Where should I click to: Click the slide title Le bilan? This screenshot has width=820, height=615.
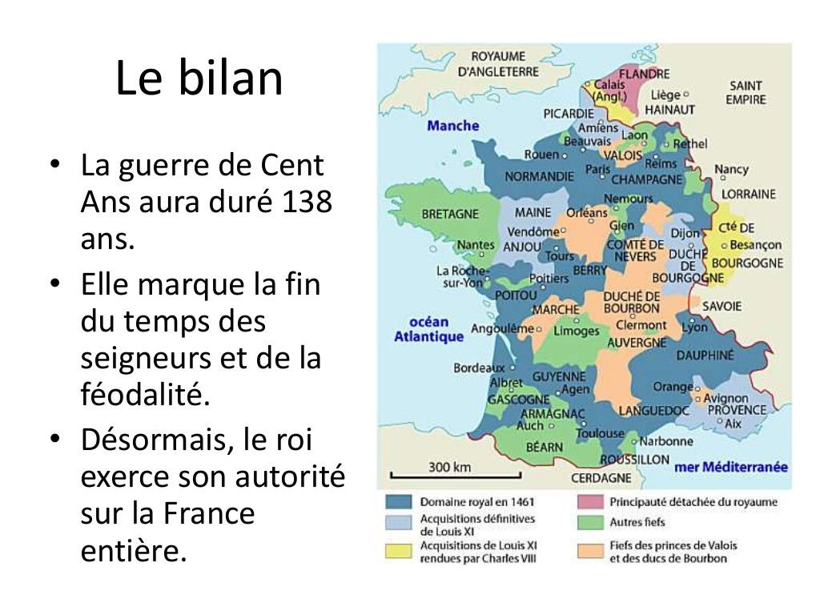click(x=199, y=78)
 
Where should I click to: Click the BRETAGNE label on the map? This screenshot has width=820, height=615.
click(x=449, y=214)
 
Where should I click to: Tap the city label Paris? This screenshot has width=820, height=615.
click(x=597, y=169)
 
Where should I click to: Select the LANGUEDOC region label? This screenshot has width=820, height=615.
click(x=653, y=411)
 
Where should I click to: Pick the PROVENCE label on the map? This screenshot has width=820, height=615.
click(x=736, y=410)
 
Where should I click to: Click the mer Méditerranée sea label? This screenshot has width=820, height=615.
click(x=731, y=467)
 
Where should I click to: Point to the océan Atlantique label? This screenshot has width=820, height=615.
click(x=428, y=329)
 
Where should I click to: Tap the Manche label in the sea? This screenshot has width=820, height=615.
click(x=452, y=126)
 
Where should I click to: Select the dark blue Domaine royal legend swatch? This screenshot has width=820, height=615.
click(x=398, y=502)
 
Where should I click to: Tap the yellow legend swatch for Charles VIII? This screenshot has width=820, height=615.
click(x=398, y=550)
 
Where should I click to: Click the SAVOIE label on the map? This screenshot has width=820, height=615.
click(x=722, y=306)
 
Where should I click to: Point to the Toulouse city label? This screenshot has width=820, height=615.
click(x=600, y=433)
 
